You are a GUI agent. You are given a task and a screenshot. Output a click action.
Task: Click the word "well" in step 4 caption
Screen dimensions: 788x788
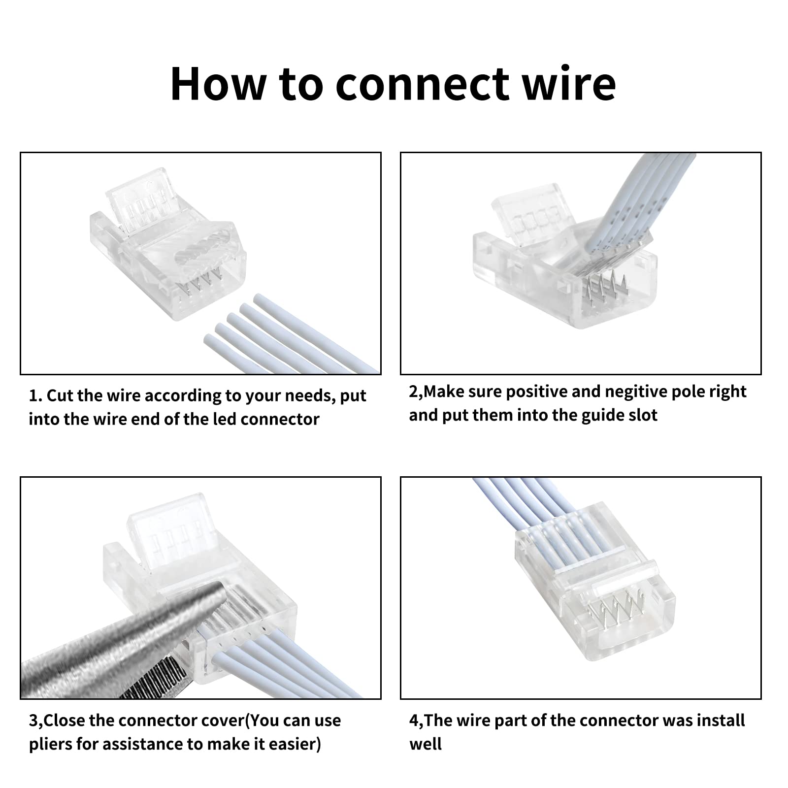pos(426,744)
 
